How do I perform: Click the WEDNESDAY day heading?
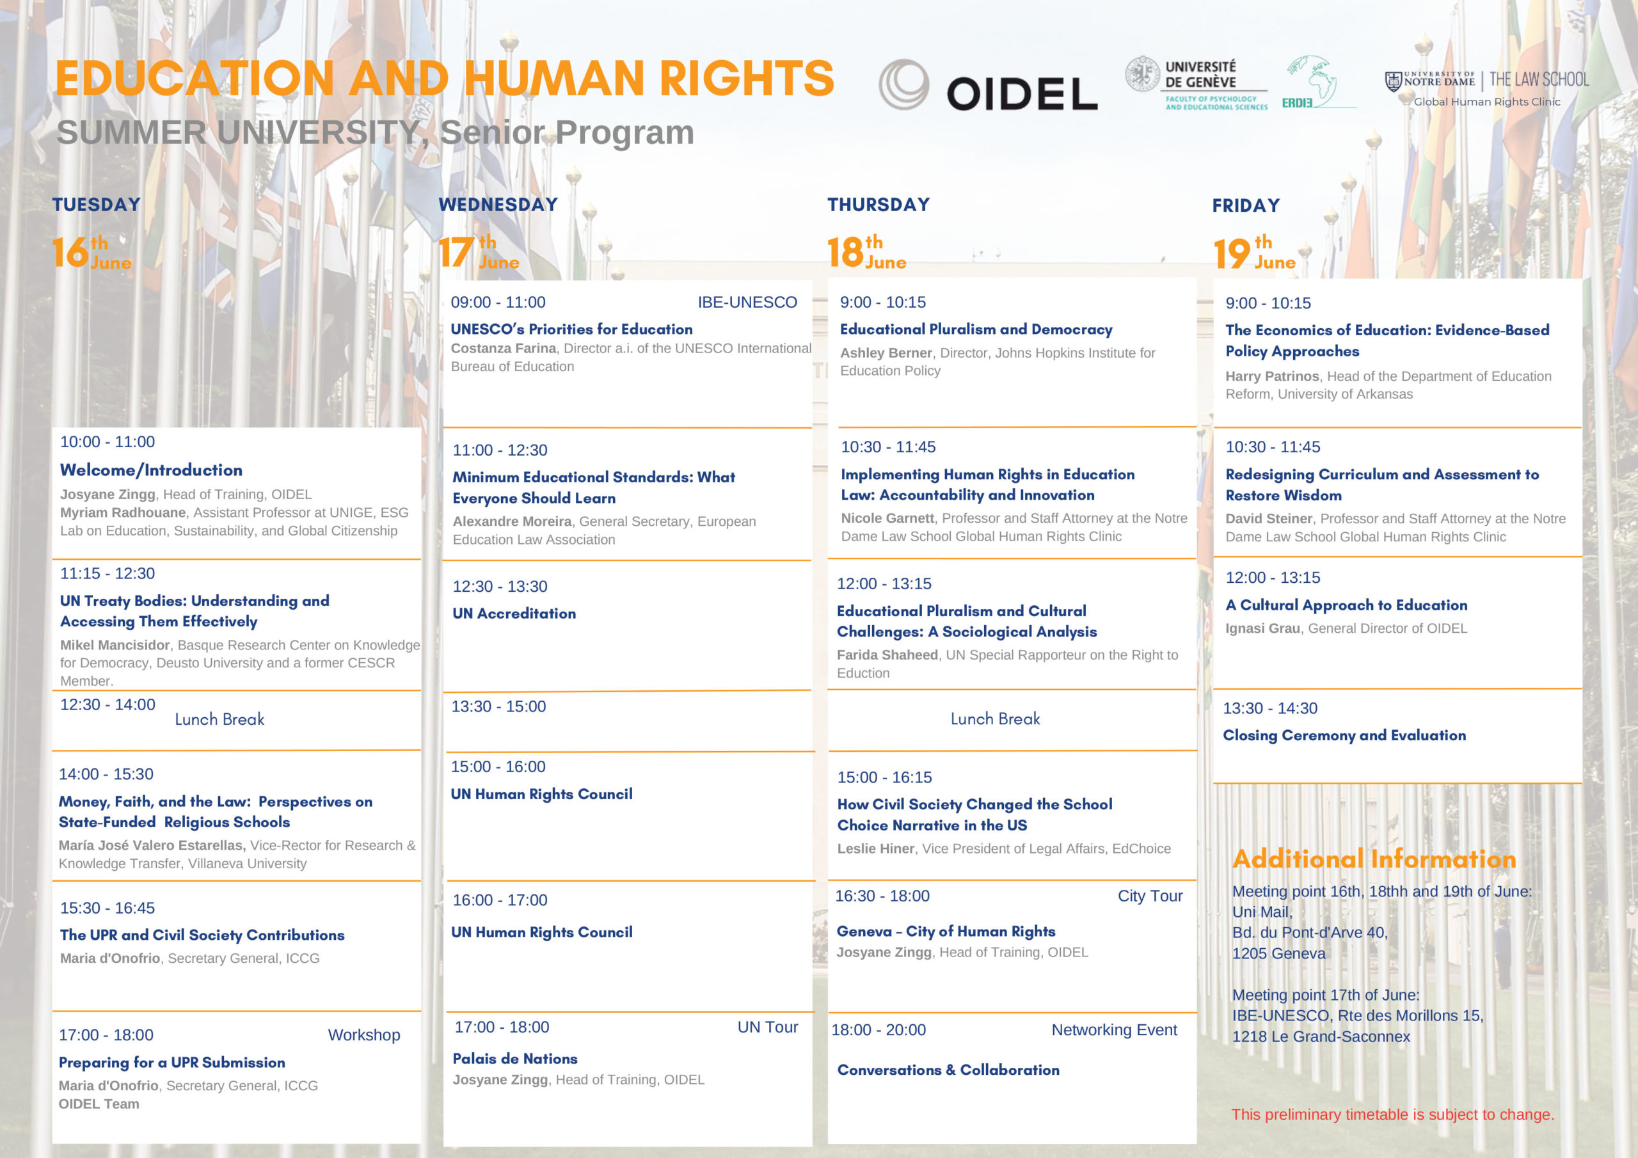(498, 205)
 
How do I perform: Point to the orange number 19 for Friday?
(1232, 253)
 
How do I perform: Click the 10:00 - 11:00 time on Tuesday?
(107, 441)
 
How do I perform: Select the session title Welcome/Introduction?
(151, 470)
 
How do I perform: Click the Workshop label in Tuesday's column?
(364, 1035)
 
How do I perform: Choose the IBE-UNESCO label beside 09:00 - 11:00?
(747, 303)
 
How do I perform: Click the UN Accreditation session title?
(514, 614)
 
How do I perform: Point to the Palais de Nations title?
(514, 1059)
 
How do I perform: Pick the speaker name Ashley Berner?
(886, 353)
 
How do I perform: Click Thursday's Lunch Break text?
(994, 719)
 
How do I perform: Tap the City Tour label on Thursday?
(1149, 896)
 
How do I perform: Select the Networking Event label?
(1113, 1029)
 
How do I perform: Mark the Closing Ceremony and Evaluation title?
(1344, 736)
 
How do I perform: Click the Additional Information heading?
(1374, 859)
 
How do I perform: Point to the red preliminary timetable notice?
(1392, 1114)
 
